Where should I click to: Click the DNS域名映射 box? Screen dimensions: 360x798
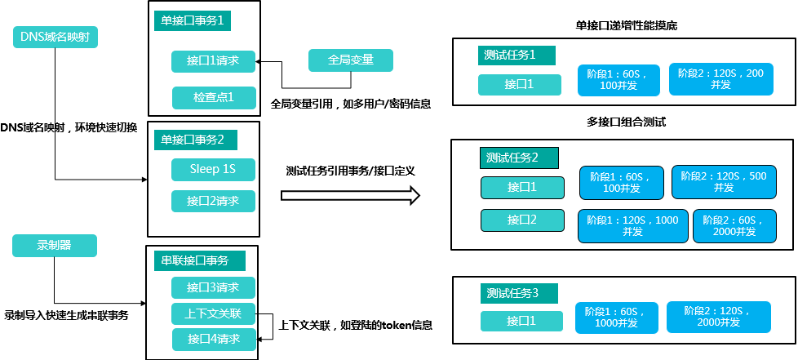click(x=55, y=38)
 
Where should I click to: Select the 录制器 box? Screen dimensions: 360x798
click(x=55, y=246)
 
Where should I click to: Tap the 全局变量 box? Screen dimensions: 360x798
click(x=350, y=60)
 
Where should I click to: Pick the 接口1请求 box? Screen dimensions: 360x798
click(x=214, y=61)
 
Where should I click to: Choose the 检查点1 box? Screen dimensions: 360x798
click(x=214, y=98)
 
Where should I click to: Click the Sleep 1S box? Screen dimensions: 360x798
click(x=214, y=170)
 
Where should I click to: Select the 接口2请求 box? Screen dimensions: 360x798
click(x=214, y=202)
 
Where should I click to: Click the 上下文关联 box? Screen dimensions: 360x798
click(x=214, y=314)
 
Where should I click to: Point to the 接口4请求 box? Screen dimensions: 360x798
click(x=214, y=340)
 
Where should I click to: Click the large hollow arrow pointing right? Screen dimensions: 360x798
click(x=350, y=196)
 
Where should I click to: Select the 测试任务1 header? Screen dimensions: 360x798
click(x=516, y=56)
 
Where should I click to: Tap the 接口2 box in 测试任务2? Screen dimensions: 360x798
click(x=521, y=220)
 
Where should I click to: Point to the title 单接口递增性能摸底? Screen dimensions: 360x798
click(x=626, y=26)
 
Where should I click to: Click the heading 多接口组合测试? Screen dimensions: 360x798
click(x=626, y=122)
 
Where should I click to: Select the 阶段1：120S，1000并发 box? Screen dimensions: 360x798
click(x=632, y=226)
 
